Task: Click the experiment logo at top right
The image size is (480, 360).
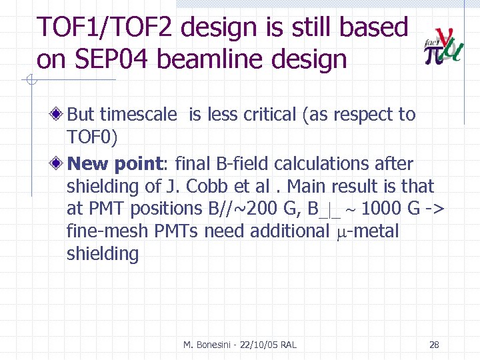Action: pyautogui.click(x=443, y=45)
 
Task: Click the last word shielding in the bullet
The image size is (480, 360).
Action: pyautogui.click(x=103, y=254)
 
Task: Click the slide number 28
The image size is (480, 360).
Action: pyautogui.click(x=434, y=345)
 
